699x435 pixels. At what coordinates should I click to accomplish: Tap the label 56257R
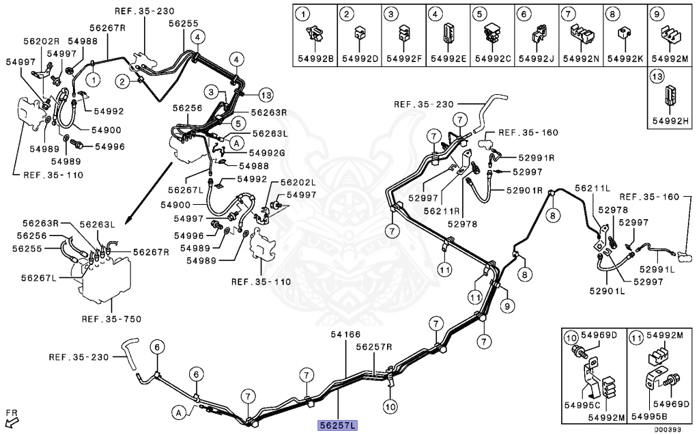pos(374,346)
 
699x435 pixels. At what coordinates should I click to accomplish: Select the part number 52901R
pos(524,190)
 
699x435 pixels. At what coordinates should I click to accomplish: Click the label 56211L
pos(593,187)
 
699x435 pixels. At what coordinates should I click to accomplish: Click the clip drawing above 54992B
pos(315,31)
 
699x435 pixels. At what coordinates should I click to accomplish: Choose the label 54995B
pos(651,416)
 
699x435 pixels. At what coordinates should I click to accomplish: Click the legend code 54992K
pos(626,59)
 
